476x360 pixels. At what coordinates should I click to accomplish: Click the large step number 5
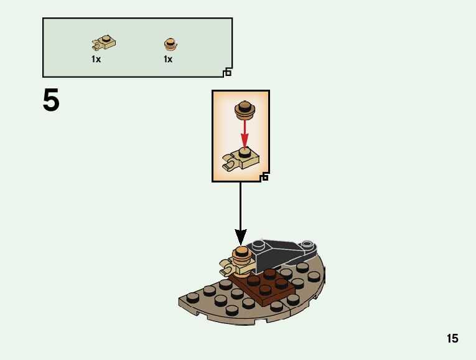click(x=51, y=101)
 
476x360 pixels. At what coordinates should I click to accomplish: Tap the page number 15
click(x=452, y=338)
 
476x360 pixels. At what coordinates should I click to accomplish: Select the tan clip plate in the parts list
click(x=105, y=43)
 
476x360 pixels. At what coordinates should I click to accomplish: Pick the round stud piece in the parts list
click(x=170, y=44)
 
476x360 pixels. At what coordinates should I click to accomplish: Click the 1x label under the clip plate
click(x=96, y=59)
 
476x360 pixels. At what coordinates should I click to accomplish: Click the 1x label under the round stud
click(x=168, y=59)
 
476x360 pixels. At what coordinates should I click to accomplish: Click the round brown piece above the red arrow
click(x=245, y=110)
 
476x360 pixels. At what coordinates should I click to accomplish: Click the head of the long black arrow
click(x=240, y=237)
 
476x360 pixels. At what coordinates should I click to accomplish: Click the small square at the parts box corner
click(x=228, y=73)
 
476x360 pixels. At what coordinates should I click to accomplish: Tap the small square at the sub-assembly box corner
click(x=265, y=178)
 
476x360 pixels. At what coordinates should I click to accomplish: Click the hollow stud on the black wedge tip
click(x=307, y=244)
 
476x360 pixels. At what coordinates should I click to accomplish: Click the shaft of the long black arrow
click(x=240, y=206)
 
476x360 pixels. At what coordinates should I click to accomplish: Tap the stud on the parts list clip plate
click(x=108, y=39)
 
